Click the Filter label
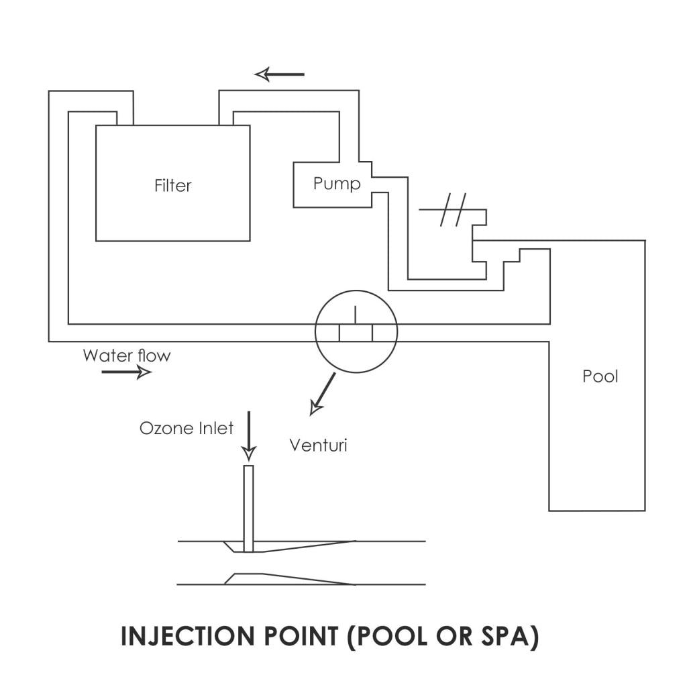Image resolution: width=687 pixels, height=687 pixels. point(172,186)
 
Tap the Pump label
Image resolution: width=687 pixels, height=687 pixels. point(337,183)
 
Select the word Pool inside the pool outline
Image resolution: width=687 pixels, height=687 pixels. point(600,376)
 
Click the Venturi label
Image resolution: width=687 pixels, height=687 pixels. point(318,445)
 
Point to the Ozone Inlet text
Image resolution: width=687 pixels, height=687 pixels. point(187,428)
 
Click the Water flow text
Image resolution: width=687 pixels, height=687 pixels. point(127,355)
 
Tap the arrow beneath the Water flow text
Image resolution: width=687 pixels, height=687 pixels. point(126,372)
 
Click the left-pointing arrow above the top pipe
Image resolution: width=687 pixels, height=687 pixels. point(280,74)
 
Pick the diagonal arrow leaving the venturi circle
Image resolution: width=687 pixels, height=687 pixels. point(323,393)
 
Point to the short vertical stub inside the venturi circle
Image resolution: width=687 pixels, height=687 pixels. point(356,315)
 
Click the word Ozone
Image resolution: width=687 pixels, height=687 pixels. point(165,428)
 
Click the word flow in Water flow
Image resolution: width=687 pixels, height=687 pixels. point(154,355)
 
